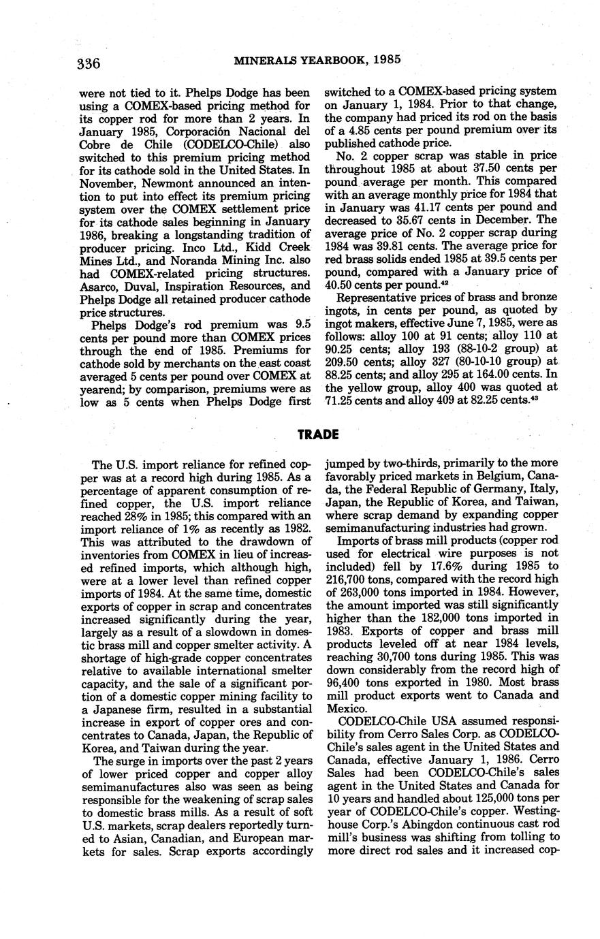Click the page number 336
tap(89, 64)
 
